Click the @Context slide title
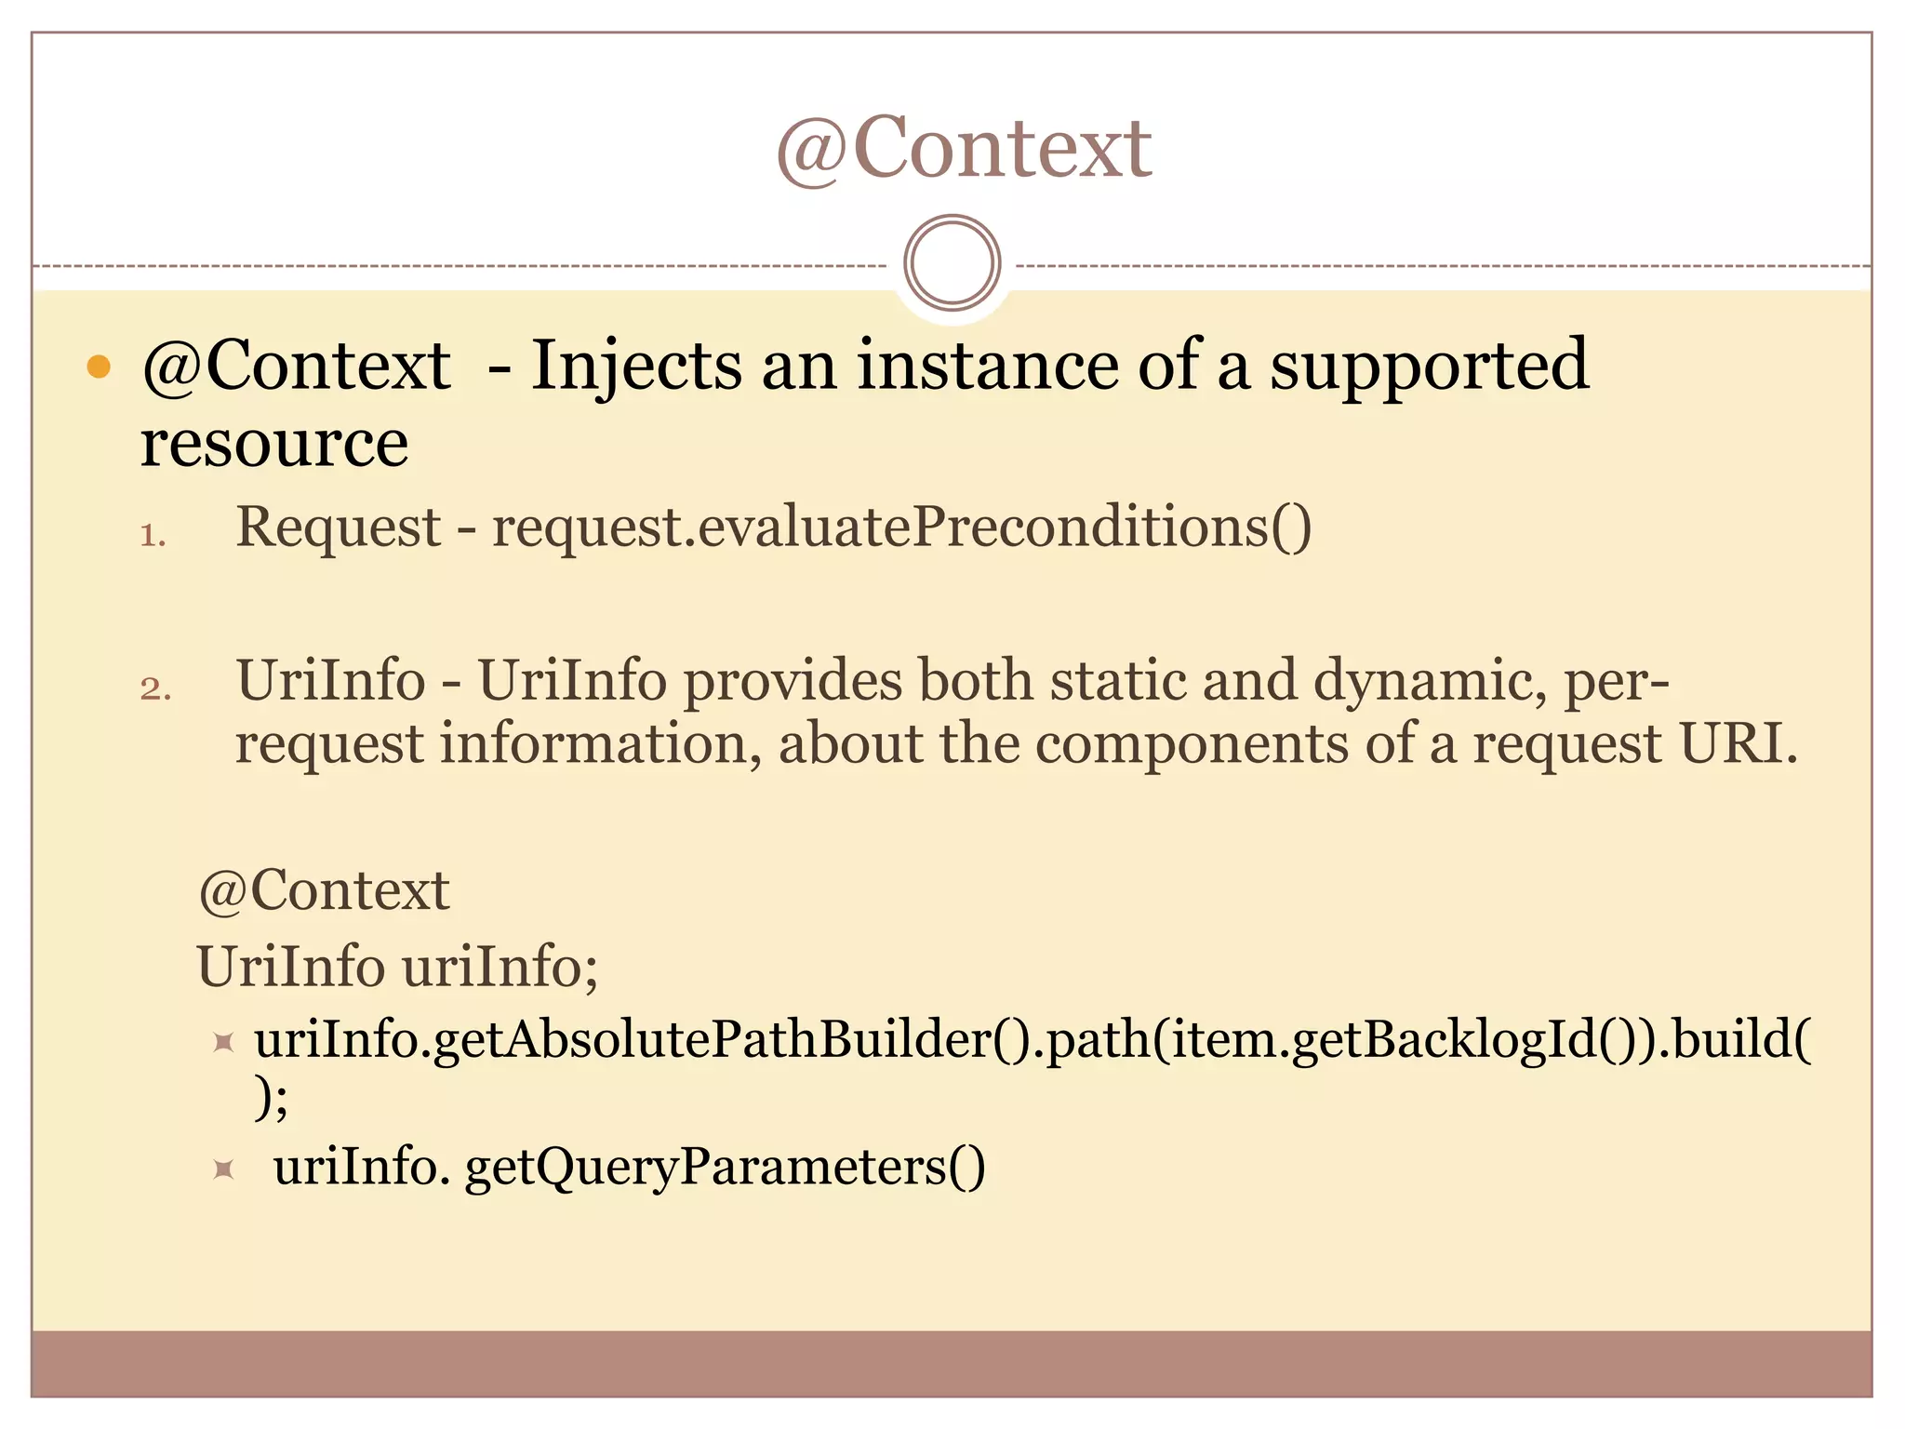(964, 148)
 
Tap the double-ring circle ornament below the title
(952, 263)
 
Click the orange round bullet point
(99, 367)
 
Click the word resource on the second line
(274, 443)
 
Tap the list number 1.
(153, 536)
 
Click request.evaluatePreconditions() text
(901, 528)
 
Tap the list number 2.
(155, 689)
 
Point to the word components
(1192, 744)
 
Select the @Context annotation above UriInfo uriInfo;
(324, 890)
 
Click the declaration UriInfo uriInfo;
(397, 967)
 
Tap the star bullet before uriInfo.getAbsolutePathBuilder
(223, 1041)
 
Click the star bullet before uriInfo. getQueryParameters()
(223, 1168)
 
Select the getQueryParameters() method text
(725, 1167)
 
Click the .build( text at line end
(1741, 1039)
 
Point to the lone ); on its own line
(272, 1099)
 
